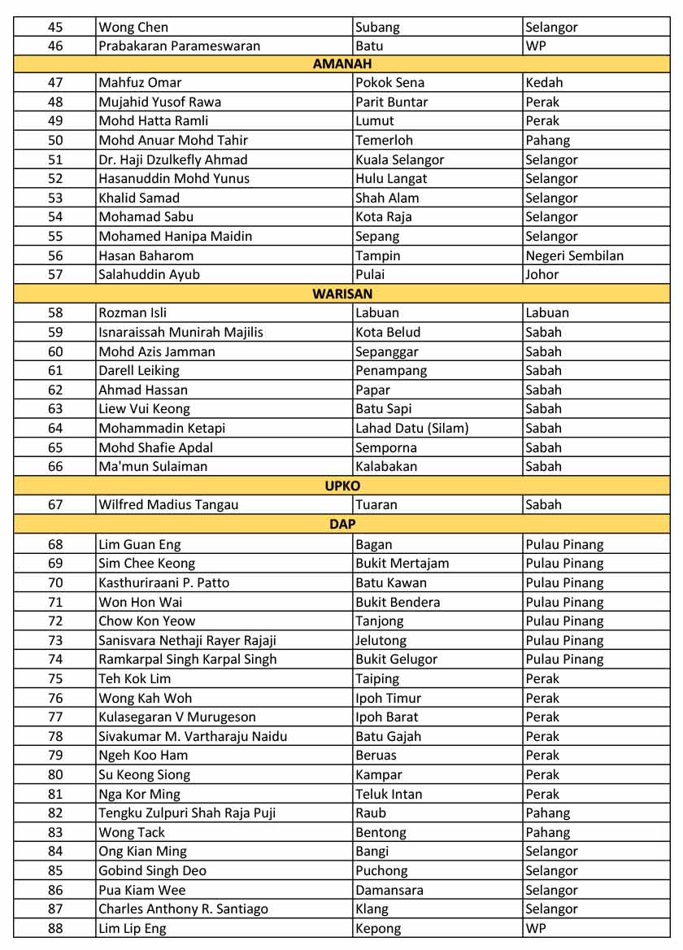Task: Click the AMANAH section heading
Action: (342, 63)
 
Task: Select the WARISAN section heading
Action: (342, 294)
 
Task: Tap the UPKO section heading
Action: (342, 486)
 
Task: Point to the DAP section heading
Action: (342, 525)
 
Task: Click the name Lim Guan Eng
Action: (140, 544)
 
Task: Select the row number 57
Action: (55, 274)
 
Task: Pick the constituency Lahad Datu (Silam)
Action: (412, 428)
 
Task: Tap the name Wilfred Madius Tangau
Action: (168, 504)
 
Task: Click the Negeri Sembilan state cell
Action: (574, 255)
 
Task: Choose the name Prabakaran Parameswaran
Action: (180, 46)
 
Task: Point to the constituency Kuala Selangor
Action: (400, 159)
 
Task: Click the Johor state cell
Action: (542, 274)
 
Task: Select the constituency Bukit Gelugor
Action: (397, 659)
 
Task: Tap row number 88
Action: (55, 928)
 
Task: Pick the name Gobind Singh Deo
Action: (153, 870)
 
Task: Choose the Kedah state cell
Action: (544, 82)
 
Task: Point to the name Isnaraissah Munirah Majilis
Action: (181, 332)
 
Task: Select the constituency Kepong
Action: (378, 928)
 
